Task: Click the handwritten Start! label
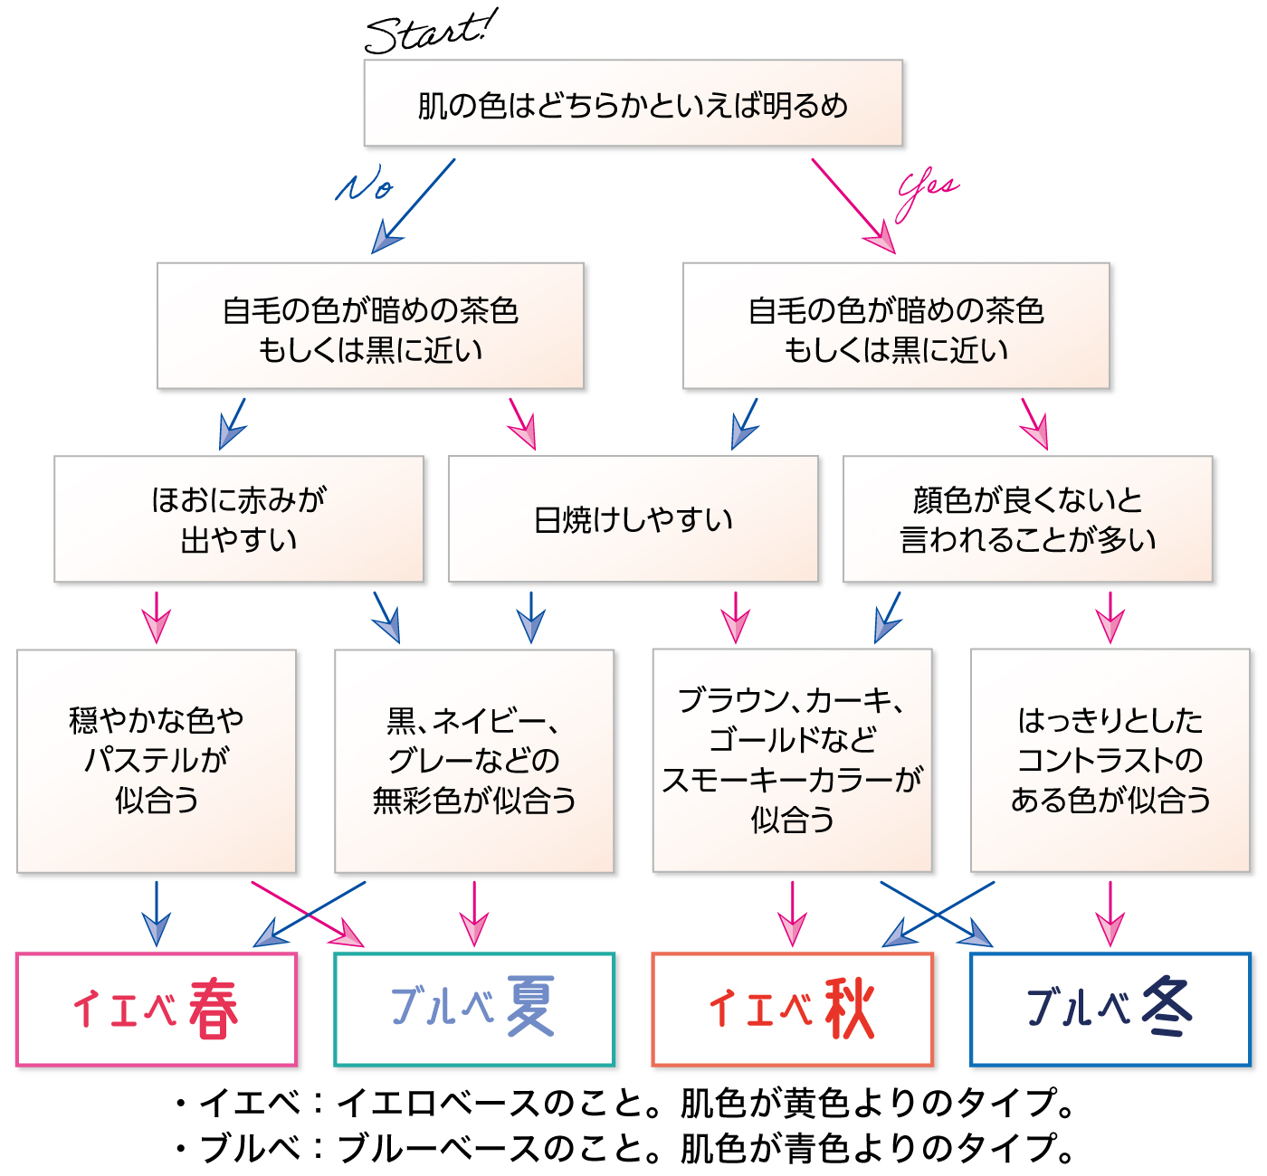click(x=432, y=32)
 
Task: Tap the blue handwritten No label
click(x=365, y=183)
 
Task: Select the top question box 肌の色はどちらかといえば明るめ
click(x=633, y=103)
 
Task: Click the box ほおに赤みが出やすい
click(x=239, y=518)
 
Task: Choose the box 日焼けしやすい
click(x=633, y=518)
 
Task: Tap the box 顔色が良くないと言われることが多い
click(x=1027, y=518)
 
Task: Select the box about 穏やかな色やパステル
click(x=157, y=761)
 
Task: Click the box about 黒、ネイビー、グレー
click(x=474, y=761)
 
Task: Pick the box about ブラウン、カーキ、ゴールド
click(x=793, y=760)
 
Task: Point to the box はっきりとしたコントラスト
click(x=1110, y=760)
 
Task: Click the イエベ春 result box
click(x=157, y=1010)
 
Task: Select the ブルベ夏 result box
click(x=474, y=1010)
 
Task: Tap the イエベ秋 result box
click(x=793, y=1010)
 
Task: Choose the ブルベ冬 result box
click(x=1110, y=1010)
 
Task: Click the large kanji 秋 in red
click(x=849, y=1009)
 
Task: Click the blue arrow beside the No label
click(x=414, y=206)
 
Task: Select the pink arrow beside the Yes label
click(x=853, y=206)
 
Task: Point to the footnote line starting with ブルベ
click(x=625, y=1149)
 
